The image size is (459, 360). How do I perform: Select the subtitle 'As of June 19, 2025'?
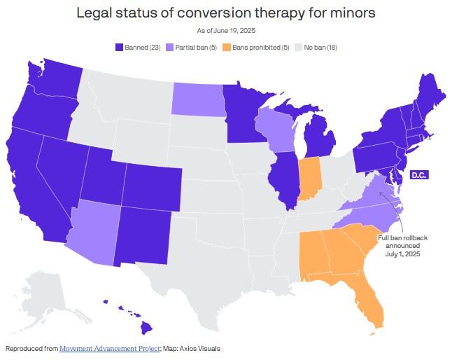coord(229,30)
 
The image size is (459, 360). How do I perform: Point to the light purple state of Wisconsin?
coord(277,130)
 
